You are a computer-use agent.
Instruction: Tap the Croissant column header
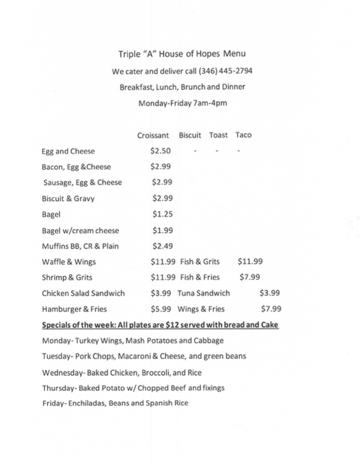[153, 135]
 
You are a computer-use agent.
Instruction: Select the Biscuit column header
[190, 135]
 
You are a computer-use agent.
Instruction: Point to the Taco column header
[243, 135]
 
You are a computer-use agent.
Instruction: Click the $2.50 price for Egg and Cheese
[161, 151]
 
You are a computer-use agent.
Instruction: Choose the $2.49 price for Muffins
[162, 245]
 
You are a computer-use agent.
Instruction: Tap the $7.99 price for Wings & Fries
[270, 308]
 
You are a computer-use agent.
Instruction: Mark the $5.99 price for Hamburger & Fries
[163, 308]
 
